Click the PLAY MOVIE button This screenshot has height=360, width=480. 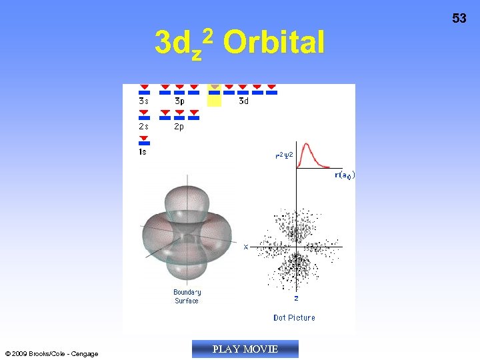pos(245,349)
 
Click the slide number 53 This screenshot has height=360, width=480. pos(459,19)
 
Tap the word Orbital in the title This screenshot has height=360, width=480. pos(273,43)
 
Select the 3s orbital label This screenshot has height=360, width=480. pos(144,101)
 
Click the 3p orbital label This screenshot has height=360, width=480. pos(179,101)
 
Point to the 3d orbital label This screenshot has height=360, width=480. pos(244,101)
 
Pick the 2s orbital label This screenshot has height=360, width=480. pos(144,127)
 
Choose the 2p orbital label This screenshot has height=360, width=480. pos(179,127)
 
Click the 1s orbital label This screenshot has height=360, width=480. pos(143,152)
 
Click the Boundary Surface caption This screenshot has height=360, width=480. pos(187,297)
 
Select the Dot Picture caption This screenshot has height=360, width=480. pos(294,318)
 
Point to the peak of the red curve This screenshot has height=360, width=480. pos(307,145)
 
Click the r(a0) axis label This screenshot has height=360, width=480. pos(344,175)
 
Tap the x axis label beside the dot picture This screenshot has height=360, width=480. pos(245,247)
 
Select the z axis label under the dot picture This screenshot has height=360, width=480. pos(296,298)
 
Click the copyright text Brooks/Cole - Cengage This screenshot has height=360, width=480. pos(51,354)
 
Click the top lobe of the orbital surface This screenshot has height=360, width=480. pos(187,200)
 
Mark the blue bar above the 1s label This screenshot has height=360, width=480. pos(144,143)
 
